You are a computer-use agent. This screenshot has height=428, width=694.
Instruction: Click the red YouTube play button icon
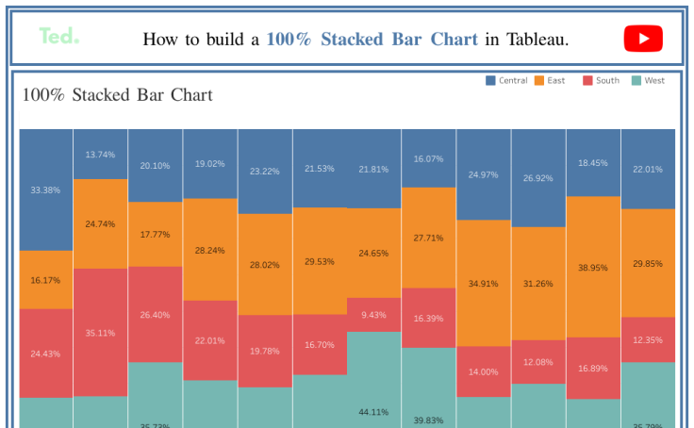point(642,39)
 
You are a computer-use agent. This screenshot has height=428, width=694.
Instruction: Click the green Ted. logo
point(58,37)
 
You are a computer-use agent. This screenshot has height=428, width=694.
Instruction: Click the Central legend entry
point(506,81)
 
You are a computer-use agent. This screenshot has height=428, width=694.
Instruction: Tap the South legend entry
point(601,81)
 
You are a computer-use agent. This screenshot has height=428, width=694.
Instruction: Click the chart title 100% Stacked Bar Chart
point(118,95)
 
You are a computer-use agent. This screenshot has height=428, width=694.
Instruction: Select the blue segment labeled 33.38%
point(46,189)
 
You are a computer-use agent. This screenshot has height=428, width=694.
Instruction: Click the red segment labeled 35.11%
point(101,332)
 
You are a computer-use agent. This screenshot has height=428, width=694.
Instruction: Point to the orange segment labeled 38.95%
point(593,267)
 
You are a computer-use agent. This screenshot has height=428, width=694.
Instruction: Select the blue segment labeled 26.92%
point(538,178)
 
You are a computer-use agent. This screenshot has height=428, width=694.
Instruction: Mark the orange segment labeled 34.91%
point(484,283)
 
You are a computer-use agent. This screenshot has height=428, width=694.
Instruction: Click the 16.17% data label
point(46,280)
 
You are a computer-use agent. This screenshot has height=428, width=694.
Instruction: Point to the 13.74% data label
point(101,155)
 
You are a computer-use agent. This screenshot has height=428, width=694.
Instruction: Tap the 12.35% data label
point(648,339)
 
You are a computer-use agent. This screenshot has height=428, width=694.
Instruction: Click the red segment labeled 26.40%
point(156,314)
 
